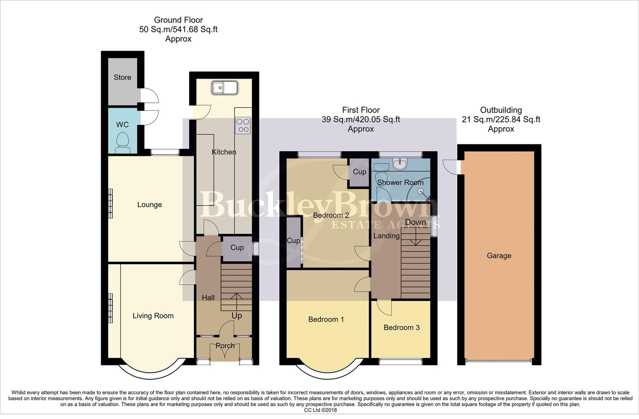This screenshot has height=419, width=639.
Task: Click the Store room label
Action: tap(122, 77)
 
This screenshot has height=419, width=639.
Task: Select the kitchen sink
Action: tap(224, 87)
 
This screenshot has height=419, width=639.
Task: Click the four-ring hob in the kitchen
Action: tap(243, 125)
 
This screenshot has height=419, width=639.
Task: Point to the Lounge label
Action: tap(149, 204)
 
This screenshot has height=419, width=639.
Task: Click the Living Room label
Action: tap(153, 316)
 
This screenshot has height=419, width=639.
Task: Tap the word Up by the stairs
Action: tap(237, 315)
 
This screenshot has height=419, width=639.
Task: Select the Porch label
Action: tap(225, 345)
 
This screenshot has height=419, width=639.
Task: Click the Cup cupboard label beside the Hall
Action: tap(237, 248)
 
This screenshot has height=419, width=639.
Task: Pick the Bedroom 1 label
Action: tap(326, 319)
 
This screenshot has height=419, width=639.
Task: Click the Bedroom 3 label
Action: tap(401, 327)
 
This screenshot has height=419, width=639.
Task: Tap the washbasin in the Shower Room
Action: tap(400, 164)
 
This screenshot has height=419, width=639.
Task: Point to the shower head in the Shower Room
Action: tap(421, 191)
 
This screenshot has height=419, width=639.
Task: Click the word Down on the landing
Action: tap(415, 222)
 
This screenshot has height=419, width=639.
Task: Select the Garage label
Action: tap(499, 256)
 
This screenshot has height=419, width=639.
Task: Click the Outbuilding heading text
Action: tap(501, 110)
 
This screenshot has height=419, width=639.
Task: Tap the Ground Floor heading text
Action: tap(178, 20)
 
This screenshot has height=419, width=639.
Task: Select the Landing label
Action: tap(386, 236)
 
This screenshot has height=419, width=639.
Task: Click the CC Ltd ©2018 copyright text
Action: tap(320, 410)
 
